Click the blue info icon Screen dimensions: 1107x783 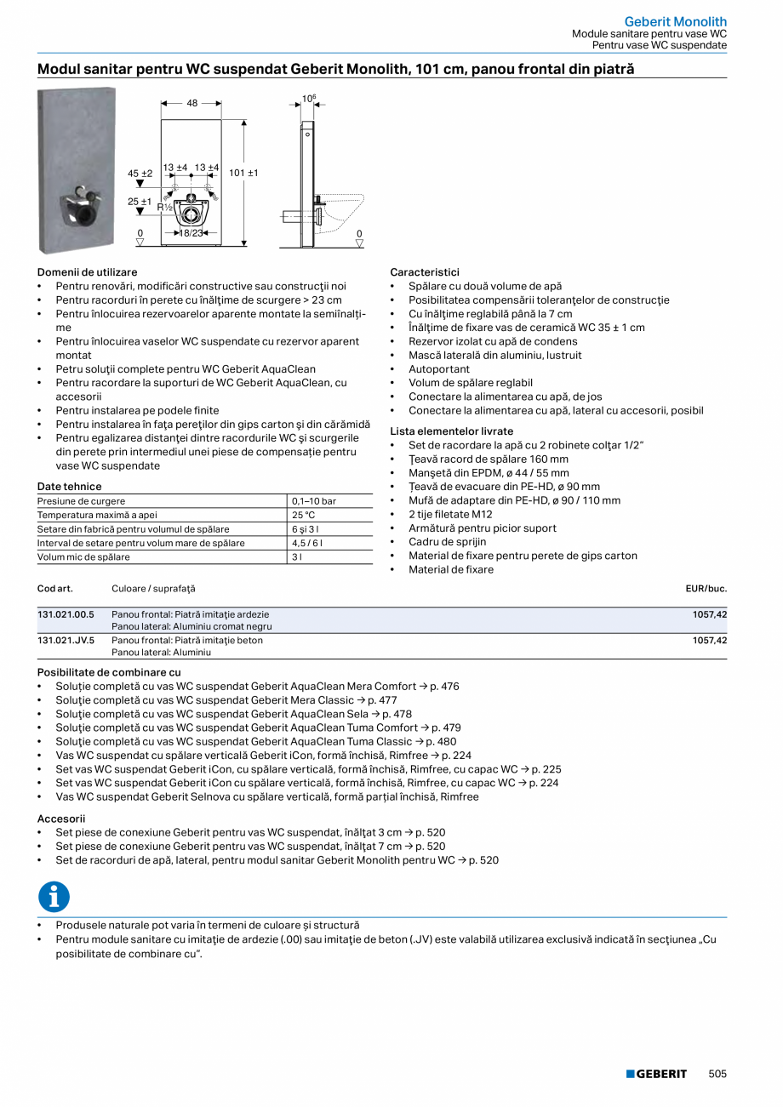(54, 897)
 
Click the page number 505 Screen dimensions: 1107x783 (717, 1074)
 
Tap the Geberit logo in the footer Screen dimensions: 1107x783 (656, 1074)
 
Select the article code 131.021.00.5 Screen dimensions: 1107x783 (66, 613)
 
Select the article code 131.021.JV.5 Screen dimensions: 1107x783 (66, 640)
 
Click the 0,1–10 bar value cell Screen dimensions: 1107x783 (313, 501)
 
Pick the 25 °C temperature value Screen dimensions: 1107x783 (304, 515)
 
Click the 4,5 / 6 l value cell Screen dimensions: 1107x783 (306, 543)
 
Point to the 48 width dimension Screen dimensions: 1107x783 (192, 103)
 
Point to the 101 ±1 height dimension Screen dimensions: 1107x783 (243, 173)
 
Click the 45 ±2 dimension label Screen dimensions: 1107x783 (140, 173)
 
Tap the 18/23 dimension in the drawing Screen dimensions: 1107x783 (191, 232)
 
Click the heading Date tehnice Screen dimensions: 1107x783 (70, 487)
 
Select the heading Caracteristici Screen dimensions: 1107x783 (425, 272)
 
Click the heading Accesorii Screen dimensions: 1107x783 (61, 819)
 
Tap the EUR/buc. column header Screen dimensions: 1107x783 (706, 589)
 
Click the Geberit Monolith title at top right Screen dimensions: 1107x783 (676, 21)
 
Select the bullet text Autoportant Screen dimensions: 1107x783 (439, 369)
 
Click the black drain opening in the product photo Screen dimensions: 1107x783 (87, 217)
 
